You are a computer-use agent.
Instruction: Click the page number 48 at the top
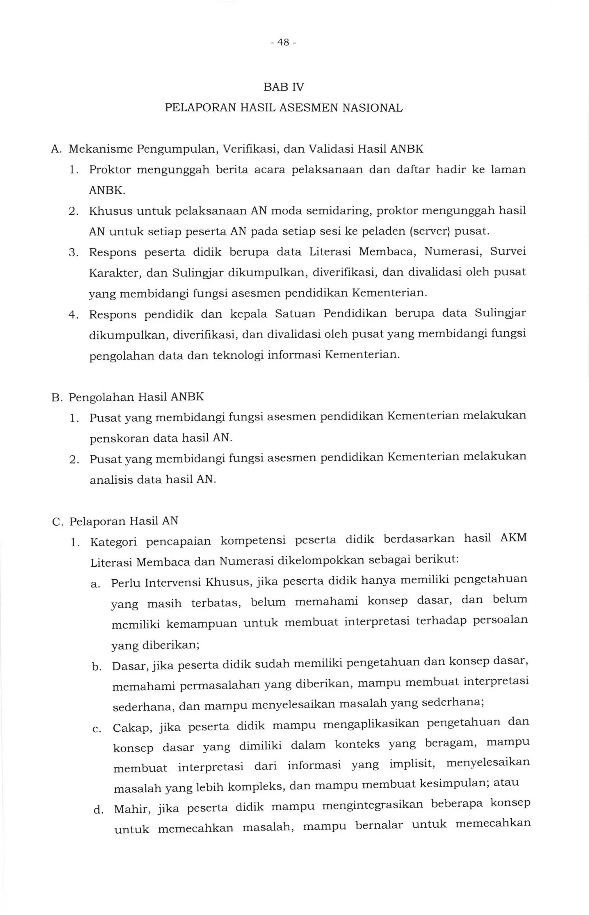coord(283,43)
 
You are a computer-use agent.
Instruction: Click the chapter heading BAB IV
coord(283,88)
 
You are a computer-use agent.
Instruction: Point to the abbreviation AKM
coord(513,539)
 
